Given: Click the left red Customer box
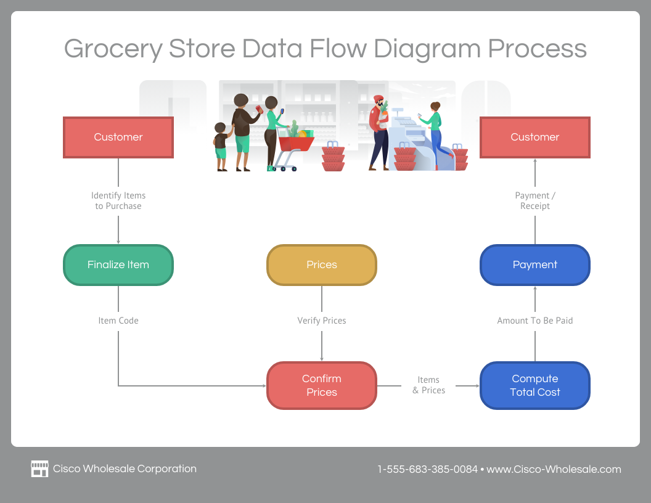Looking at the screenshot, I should pos(118,137).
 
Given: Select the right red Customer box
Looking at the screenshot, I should pos(534,137).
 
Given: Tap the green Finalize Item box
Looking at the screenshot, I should pos(118,265).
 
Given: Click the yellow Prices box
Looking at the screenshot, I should pos(321,265).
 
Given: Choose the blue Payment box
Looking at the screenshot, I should pos(534,265).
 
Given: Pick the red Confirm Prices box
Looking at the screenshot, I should pos(321,385).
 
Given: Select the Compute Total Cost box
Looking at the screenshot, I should pos(534,385).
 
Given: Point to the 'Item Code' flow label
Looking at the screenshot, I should pos(118,321).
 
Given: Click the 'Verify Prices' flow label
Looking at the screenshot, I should pos(321,321).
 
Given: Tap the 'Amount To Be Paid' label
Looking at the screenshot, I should pos(534,321).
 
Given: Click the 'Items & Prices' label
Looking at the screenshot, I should pos(428,385).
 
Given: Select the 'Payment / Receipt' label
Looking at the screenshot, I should pos(534,201).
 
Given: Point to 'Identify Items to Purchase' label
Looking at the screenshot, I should pos(118,201).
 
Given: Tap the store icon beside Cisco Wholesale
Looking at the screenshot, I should pos(39,469).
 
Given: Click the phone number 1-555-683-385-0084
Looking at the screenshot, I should pos(427,469).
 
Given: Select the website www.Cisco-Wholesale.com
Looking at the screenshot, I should pos(554,469).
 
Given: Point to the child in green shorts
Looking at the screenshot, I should pos(221,147).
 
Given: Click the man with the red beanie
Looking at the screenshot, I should pos(378,133).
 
